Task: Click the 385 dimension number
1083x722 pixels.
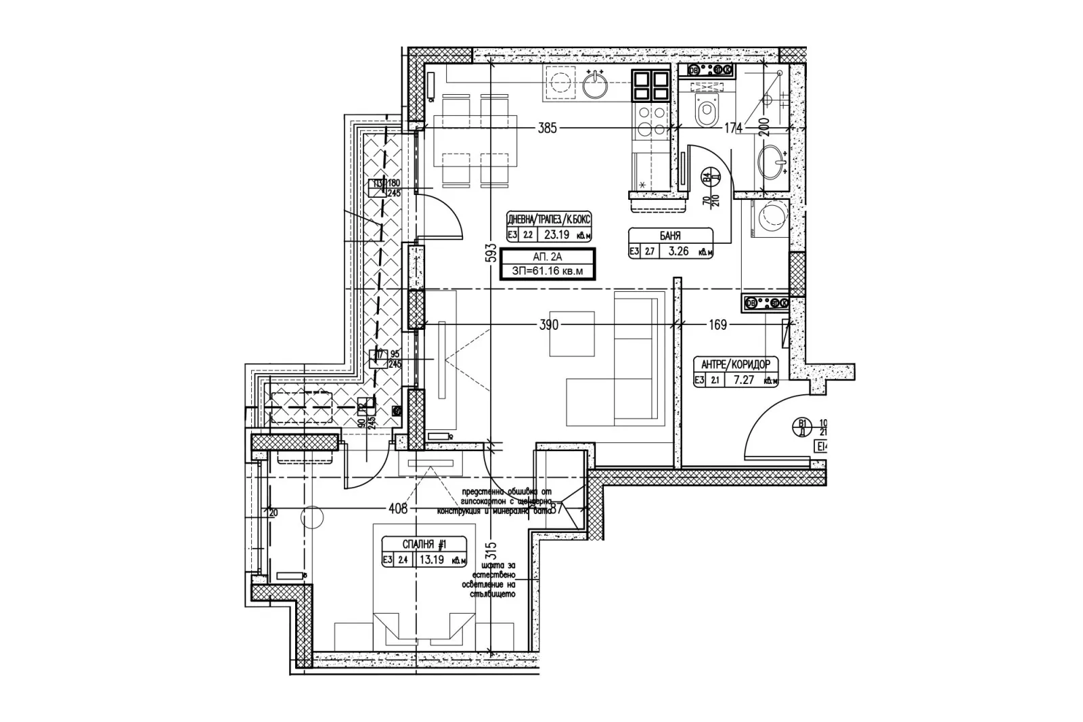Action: [x=547, y=128]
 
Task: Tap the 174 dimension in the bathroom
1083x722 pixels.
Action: [x=733, y=128]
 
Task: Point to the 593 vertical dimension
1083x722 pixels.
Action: [x=492, y=255]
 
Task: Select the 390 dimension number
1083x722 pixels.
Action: [x=549, y=325]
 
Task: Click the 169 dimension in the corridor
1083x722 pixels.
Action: [x=717, y=325]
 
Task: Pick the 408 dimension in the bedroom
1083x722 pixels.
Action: [x=398, y=508]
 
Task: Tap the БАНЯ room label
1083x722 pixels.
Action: [x=670, y=236]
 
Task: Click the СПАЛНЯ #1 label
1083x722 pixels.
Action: [x=424, y=544]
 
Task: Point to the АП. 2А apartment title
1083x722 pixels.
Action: [x=548, y=257]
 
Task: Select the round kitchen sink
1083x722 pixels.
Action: [x=596, y=85]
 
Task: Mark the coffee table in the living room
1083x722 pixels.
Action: [x=572, y=333]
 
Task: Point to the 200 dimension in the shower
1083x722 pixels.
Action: [x=763, y=127]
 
